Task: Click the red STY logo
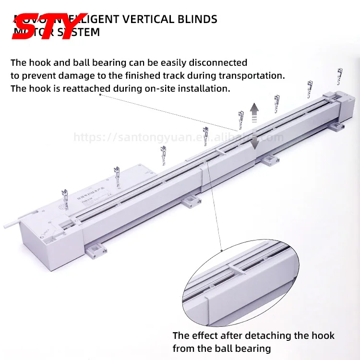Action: pos(48,26)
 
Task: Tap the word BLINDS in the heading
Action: pos(198,19)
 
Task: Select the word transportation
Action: pos(251,75)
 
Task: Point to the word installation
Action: pos(207,88)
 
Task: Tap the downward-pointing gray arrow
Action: pos(254,141)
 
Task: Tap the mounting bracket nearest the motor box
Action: pos(96,248)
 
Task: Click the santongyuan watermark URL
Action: pos(178,138)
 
